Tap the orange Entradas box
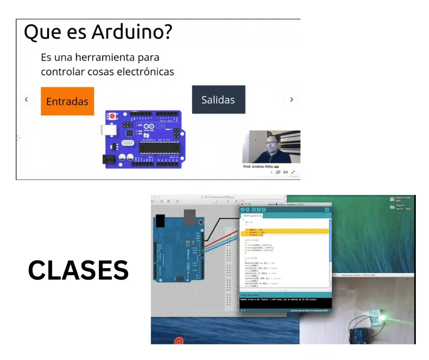click(x=67, y=101)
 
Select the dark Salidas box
click(x=218, y=100)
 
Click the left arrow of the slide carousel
click(x=26, y=99)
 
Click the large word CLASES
click(x=78, y=270)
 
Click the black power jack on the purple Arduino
click(x=108, y=159)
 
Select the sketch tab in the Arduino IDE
click(x=251, y=215)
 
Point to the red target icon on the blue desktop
click(x=178, y=340)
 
